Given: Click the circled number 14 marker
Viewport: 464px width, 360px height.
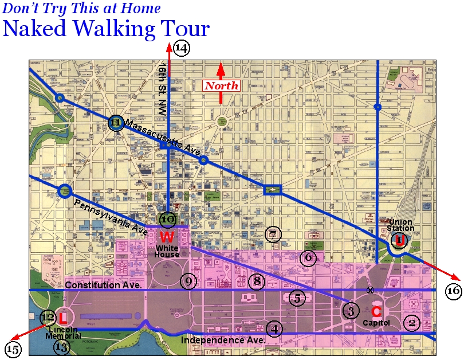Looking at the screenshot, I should point(181,48).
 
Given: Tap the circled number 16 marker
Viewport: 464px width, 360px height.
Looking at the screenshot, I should point(453,291).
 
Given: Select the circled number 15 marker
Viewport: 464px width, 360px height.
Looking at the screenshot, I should point(13,348).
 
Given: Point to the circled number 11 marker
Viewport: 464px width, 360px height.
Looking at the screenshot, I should point(116,123).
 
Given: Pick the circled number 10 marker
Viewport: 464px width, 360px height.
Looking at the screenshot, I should point(167,219).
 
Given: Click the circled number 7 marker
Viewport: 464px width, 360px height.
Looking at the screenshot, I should point(274,234).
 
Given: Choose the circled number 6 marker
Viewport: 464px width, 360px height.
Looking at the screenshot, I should point(308,258).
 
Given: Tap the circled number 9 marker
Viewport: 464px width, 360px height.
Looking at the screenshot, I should point(188,281).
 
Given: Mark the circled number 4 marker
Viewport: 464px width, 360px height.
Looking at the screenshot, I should point(275,329).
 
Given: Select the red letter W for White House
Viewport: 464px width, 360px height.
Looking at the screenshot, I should point(167,236).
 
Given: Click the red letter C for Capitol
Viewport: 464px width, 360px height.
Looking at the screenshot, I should point(376,311).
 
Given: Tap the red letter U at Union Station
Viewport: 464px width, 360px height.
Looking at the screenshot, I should point(399,240).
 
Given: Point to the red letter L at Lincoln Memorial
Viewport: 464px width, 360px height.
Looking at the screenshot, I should point(63,316).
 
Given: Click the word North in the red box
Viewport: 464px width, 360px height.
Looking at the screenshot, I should point(222,86).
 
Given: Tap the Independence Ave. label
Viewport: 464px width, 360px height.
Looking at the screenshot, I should point(223,340).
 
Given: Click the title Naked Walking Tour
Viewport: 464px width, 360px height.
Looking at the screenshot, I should point(107,28).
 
